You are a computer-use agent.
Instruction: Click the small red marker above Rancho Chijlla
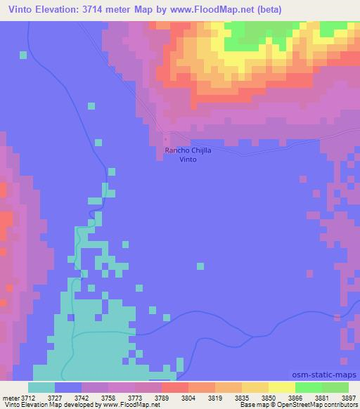166,139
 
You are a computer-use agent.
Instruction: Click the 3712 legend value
27,397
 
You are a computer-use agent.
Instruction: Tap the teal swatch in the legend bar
41,387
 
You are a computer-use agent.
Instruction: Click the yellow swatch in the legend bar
281,387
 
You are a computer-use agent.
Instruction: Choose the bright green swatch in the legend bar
308,387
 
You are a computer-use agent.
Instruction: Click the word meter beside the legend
9,397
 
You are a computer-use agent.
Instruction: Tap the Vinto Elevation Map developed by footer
49,405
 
